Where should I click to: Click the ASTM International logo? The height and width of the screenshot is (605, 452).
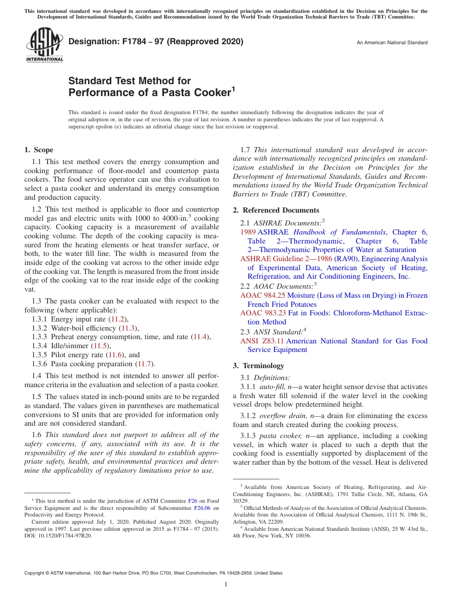44,45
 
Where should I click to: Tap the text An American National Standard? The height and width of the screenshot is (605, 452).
392,43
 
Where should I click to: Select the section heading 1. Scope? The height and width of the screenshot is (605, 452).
39,150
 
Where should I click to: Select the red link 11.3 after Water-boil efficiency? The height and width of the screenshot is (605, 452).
128,328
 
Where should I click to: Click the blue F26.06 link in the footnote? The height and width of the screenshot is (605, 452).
203,508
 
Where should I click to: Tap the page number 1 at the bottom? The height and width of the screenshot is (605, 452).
226,585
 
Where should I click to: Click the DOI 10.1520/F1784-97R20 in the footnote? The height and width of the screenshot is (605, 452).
65,535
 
